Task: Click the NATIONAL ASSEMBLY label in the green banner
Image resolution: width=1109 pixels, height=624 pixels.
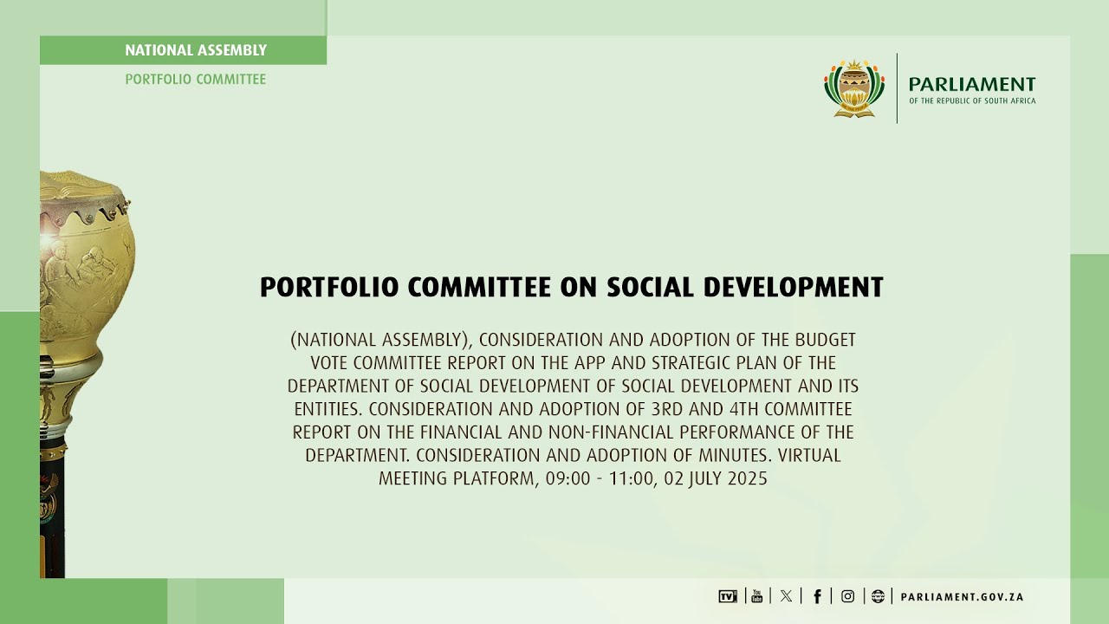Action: (x=196, y=50)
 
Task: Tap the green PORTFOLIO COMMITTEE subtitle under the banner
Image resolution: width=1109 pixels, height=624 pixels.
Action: (x=196, y=79)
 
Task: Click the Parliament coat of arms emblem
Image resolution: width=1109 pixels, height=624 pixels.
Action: (x=854, y=88)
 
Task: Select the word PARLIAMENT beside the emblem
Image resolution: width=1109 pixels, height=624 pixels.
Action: (x=972, y=84)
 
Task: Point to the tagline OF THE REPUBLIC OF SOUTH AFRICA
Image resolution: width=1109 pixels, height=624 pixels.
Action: (x=972, y=101)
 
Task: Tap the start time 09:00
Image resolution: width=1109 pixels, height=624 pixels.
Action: (x=565, y=478)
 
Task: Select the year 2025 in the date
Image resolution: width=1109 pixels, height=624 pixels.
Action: (x=748, y=478)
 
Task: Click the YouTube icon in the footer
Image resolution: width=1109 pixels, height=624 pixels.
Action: (x=756, y=596)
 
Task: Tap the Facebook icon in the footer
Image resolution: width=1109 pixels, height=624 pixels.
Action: (x=817, y=596)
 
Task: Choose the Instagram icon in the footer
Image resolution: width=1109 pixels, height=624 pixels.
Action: (x=848, y=596)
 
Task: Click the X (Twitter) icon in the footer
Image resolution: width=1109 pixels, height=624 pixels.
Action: (x=786, y=596)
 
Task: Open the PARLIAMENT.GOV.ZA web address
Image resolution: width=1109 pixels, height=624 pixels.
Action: (x=962, y=597)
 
